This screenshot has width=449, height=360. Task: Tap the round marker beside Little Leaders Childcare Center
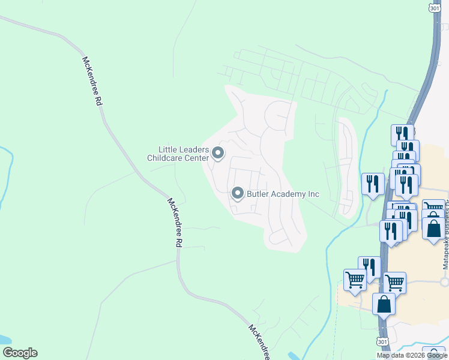[x=218, y=155]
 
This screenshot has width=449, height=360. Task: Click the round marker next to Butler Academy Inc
[x=238, y=193]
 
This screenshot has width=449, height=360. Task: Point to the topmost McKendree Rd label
[x=92, y=82]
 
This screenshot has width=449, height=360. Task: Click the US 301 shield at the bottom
[x=382, y=341]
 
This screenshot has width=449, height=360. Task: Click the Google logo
[x=20, y=353]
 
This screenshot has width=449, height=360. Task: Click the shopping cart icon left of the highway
[x=355, y=280]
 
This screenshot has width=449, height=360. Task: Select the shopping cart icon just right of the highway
[x=395, y=282]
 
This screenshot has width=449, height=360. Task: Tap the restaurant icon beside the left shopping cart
[x=370, y=267]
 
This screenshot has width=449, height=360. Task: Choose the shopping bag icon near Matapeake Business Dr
[x=433, y=228]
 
